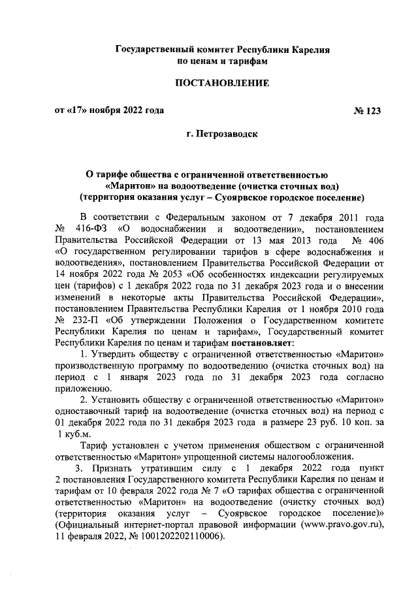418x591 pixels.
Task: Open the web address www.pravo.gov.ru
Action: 340,524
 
